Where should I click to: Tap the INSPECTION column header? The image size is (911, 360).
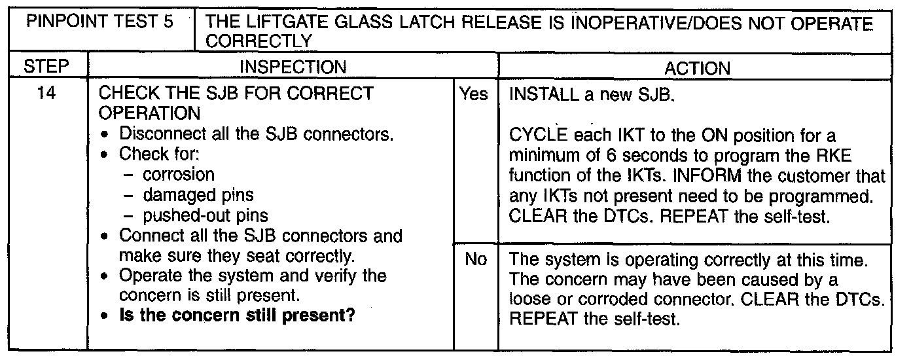point(293,67)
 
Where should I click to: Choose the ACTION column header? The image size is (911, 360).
point(696,68)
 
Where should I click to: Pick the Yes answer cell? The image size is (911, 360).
point(474,95)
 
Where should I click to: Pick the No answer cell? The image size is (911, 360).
point(475,260)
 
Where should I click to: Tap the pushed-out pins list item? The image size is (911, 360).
point(205,215)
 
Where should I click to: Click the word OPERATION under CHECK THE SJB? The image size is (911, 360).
point(149,114)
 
